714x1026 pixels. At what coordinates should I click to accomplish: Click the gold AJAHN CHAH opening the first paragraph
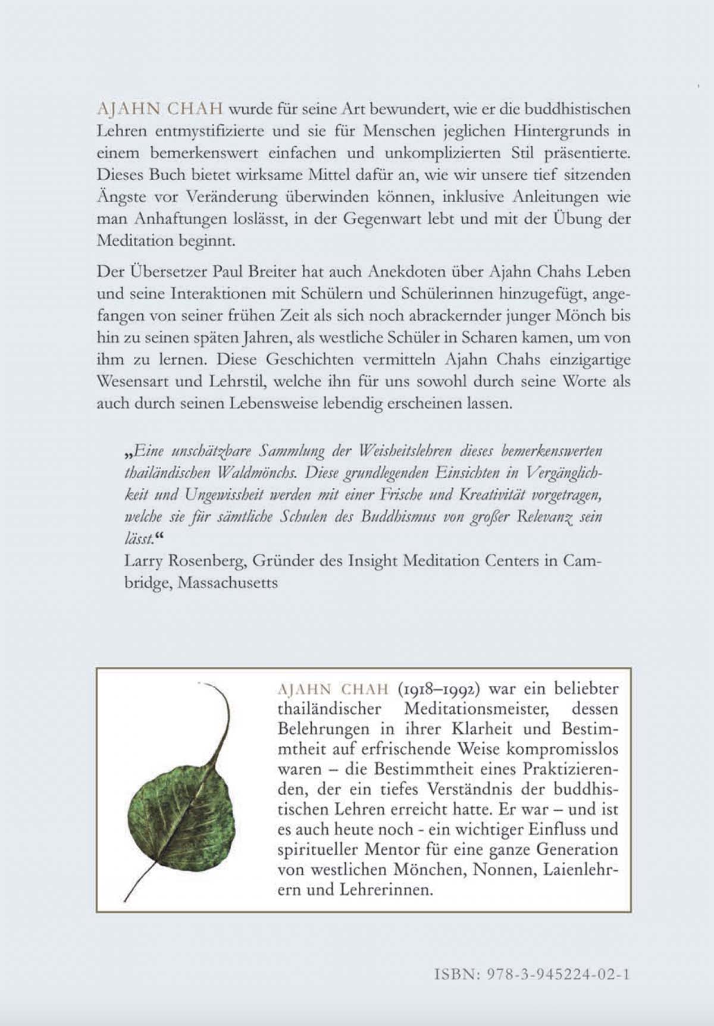tap(159, 109)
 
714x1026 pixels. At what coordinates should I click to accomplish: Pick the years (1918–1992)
tap(438, 689)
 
